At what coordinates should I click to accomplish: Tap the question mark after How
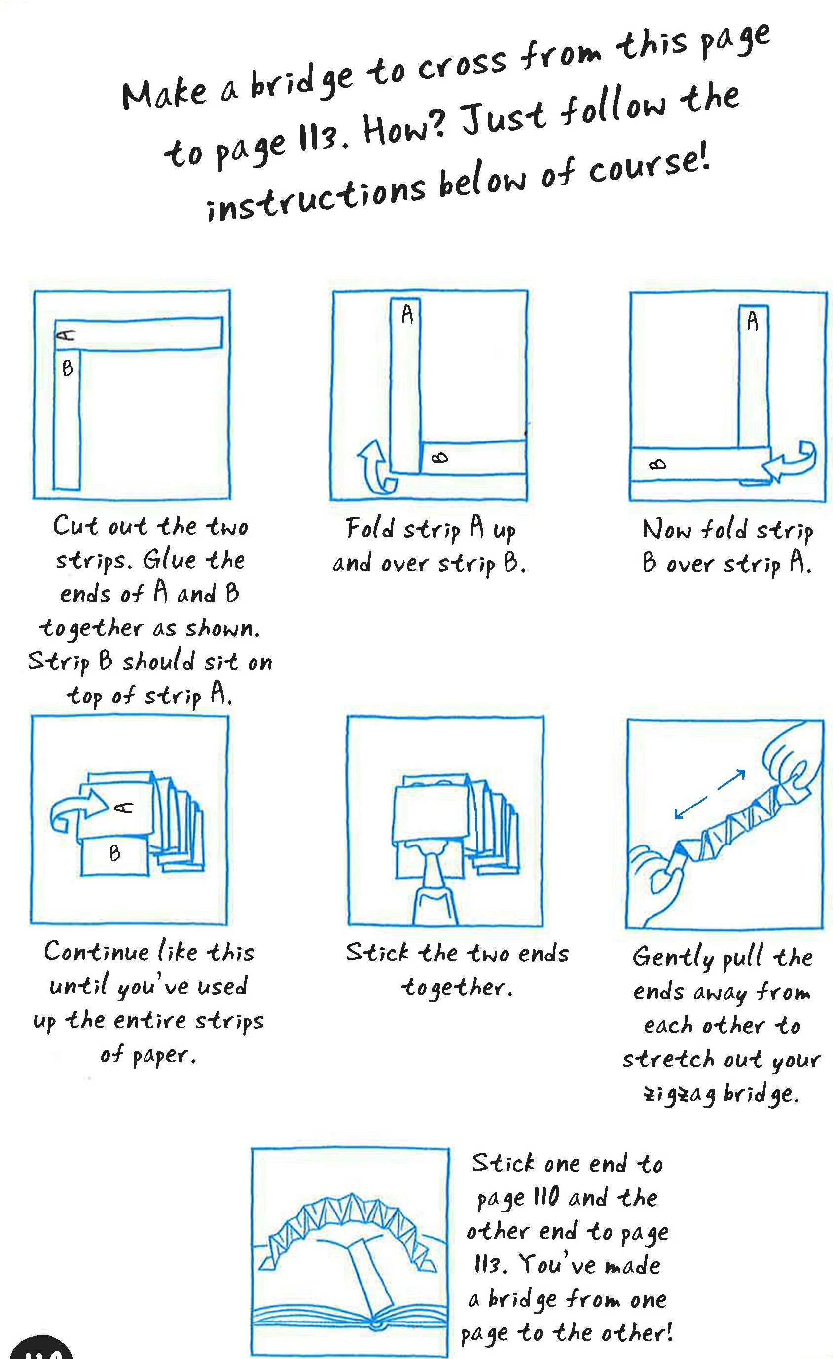[435, 124]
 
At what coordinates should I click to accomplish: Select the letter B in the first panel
[67, 368]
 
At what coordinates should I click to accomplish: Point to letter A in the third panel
[752, 321]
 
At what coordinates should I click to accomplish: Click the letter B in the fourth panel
[115, 853]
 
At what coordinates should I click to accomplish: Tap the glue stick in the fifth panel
[435, 885]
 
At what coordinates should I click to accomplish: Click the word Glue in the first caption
[169, 560]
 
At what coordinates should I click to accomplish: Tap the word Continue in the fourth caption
[97, 952]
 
